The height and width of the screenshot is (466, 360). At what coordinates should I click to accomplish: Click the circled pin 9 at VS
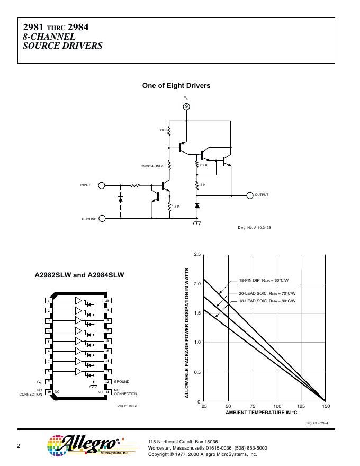coord(186,106)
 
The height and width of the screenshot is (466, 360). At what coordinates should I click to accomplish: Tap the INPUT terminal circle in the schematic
coord(102,185)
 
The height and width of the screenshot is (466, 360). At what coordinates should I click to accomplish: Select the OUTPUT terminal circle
coord(250,195)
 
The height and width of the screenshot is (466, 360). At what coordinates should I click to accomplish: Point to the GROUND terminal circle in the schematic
coord(102,218)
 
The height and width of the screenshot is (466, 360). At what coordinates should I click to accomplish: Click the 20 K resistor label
coord(163,130)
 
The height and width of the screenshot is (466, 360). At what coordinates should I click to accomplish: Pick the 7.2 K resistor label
coord(204,165)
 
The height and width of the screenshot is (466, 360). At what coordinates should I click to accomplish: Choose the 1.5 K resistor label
coord(176,205)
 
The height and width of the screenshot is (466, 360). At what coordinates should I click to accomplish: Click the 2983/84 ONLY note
coord(152,166)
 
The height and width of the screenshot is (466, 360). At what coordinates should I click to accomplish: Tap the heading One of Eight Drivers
coord(176,85)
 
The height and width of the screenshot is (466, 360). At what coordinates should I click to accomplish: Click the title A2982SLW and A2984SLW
coord(79,275)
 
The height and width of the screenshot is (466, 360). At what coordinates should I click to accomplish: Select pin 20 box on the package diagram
coord(107,301)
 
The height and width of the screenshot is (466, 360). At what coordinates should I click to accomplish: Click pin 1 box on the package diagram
coord(49,301)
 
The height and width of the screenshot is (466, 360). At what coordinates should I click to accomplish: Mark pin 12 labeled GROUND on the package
coord(107,382)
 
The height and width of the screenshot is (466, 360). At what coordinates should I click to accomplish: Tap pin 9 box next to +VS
coord(49,382)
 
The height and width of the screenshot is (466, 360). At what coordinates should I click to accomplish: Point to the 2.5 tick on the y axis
coord(197,255)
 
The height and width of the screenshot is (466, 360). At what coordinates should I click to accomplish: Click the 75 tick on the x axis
coord(253,406)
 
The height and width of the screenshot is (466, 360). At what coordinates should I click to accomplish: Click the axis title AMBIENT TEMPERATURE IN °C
coord(262,412)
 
